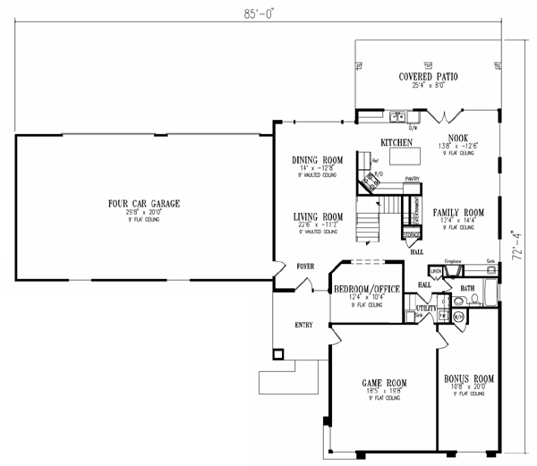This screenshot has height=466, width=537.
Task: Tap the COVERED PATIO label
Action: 428,78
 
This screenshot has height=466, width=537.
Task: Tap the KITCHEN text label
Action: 396,143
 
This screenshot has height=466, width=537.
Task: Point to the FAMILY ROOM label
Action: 458,214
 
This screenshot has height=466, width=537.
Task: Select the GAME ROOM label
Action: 382,380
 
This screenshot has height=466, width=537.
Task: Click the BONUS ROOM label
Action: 469,379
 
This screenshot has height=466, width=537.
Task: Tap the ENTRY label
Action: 303,325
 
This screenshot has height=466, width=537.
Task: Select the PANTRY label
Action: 412,179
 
